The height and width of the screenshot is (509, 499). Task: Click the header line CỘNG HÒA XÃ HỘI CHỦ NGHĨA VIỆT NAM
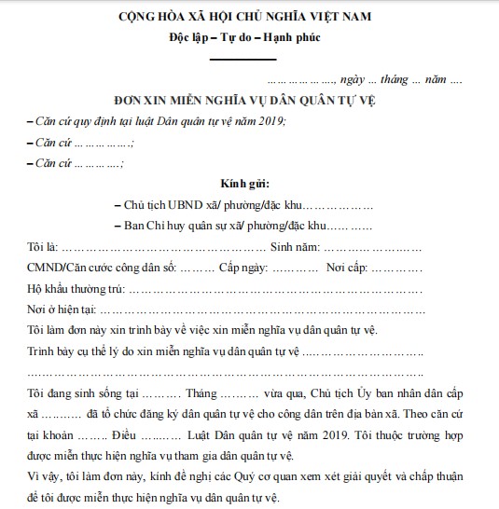(x=248, y=19)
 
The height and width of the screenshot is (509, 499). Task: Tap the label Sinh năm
(x=295, y=248)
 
